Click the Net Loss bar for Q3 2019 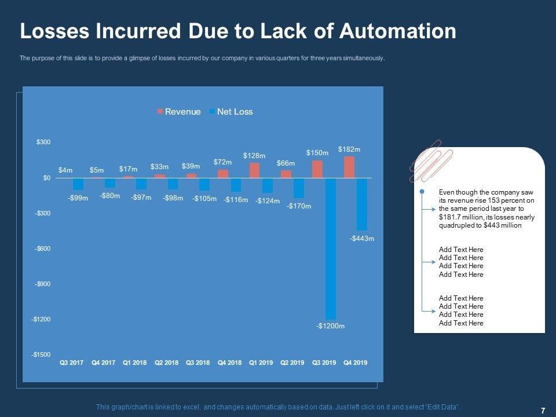pyautogui.click(x=331, y=248)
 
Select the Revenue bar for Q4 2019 pyautogui.click(x=349, y=167)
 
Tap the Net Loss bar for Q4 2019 pyautogui.click(x=362, y=204)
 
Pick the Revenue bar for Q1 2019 pyautogui.click(x=254, y=170)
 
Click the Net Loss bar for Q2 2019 pyautogui.click(x=299, y=188)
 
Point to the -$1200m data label pyautogui.click(x=331, y=326)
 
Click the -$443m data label pyautogui.click(x=362, y=238)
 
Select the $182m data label pyautogui.click(x=349, y=149)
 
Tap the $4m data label pyautogui.click(x=65, y=170)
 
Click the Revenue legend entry pyautogui.click(x=179, y=112)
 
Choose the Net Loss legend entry pyautogui.click(x=231, y=112)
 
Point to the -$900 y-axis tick pyautogui.click(x=42, y=284)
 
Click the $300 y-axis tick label pyautogui.click(x=43, y=142)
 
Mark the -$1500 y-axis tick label pyautogui.click(x=41, y=354)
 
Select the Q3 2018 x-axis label pyautogui.click(x=198, y=363)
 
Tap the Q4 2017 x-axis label pyautogui.click(x=104, y=363)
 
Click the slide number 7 pyautogui.click(x=543, y=411)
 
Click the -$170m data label pyautogui.click(x=299, y=206)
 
